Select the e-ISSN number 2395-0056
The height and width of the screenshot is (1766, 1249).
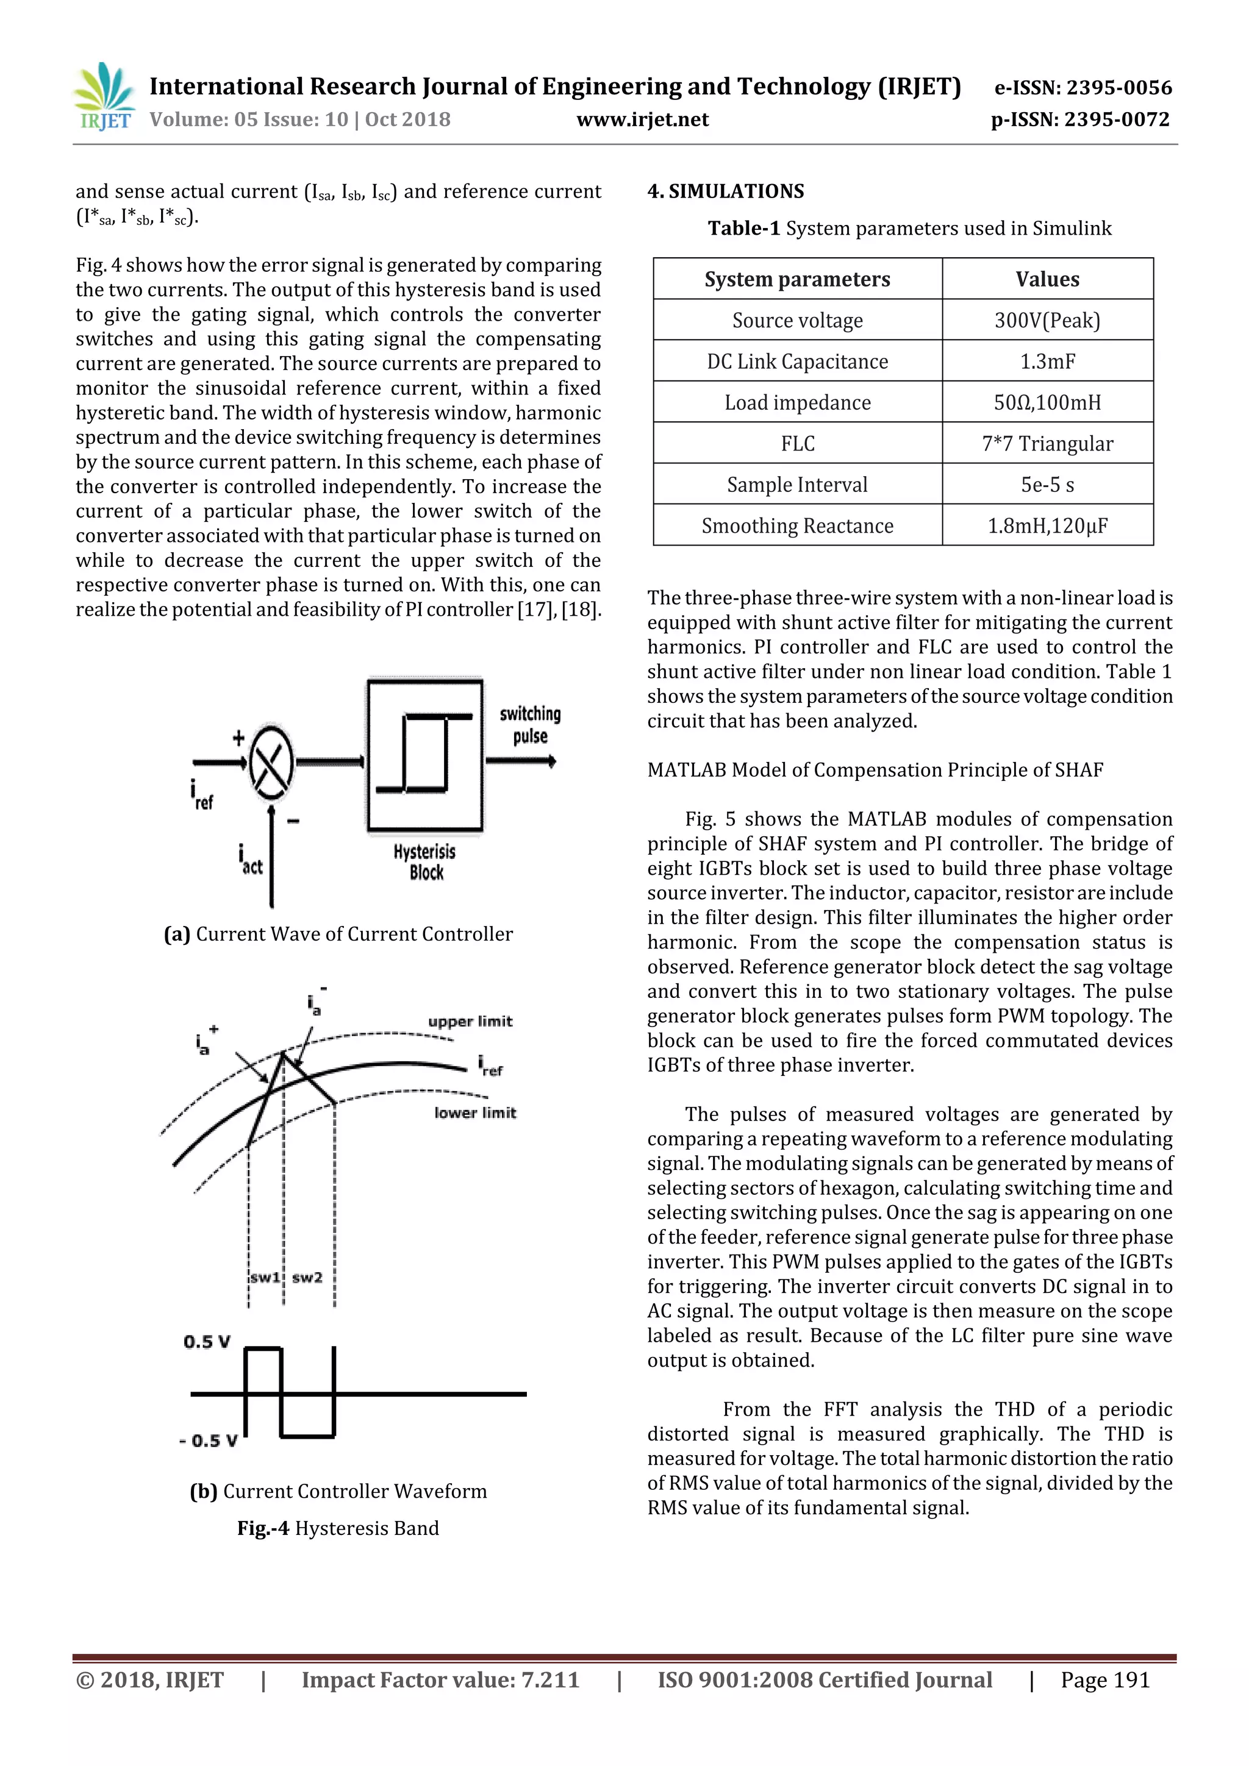tap(1083, 88)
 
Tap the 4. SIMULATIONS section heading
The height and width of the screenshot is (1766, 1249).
tap(725, 191)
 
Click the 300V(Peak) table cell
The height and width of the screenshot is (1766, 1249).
tap(1047, 320)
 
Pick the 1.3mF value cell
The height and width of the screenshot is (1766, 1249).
tap(1047, 361)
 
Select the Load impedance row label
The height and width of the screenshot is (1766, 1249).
tap(797, 402)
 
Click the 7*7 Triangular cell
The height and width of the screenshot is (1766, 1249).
tap(1047, 444)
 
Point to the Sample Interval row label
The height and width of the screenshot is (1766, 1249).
tap(797, 485)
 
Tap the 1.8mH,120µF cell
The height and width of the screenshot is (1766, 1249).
tap(1047, 526)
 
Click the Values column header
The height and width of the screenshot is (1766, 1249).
tap(1047, 279)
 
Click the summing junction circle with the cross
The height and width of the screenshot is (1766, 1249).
tap(271, 761)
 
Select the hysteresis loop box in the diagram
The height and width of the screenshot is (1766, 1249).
tap(425, 754)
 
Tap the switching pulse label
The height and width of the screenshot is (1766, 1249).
tap(529, 725)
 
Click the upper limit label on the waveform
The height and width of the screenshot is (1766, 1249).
tap(470, 1022)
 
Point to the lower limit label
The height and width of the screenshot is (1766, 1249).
tap(475, 1113)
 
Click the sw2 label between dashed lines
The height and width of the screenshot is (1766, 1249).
tap(307, 1278)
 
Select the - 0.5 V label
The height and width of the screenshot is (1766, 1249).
tap(209, 1440)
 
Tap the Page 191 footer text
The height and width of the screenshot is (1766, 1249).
tap(1104, 1680)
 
